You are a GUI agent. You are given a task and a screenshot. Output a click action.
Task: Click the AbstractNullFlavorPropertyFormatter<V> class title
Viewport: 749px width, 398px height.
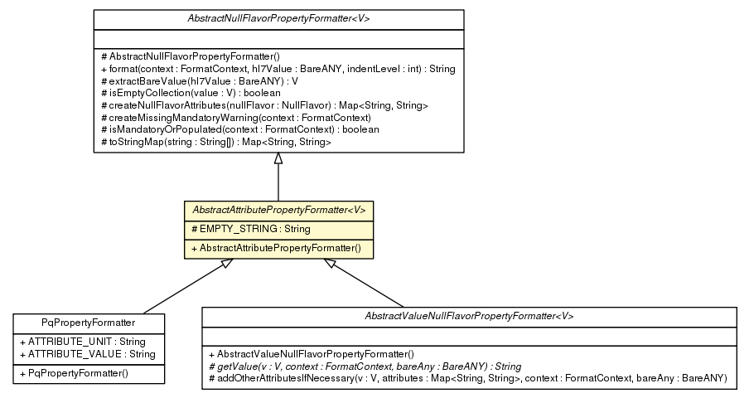[x=278, y=17]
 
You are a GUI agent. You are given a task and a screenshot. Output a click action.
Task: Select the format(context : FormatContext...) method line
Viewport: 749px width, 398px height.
[x=278, y=69]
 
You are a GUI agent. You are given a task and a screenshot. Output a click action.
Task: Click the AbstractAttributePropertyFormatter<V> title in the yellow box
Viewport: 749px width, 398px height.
[x=278, y=211]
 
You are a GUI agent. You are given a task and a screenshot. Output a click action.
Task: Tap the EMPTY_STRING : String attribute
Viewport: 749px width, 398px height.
[x=238, y=229]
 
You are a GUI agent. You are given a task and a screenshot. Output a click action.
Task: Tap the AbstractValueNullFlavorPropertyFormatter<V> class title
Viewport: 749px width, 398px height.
[x=469, y=317]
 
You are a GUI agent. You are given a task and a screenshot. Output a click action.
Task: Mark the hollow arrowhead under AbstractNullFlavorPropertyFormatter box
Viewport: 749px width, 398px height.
[x=278, y=159]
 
